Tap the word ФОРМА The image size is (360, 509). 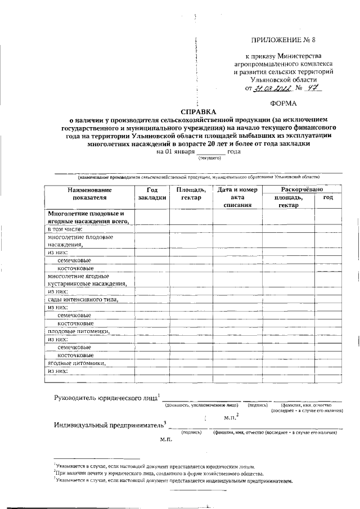[286, 103]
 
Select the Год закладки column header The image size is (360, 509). [152, 194]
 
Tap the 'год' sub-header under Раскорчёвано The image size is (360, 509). [328, 198]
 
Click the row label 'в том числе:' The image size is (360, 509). [65, 229]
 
